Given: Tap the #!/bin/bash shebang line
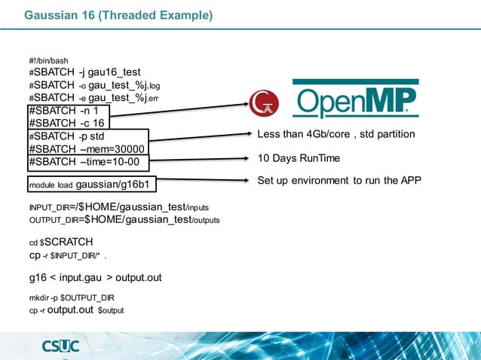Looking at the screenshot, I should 48,60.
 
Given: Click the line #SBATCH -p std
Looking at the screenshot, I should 66,136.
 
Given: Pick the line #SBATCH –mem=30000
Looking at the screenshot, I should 86,149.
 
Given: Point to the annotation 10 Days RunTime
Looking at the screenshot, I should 299,159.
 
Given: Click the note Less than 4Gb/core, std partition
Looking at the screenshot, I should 335,134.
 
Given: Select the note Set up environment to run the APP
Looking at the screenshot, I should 339,181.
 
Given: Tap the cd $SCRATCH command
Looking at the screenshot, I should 60,243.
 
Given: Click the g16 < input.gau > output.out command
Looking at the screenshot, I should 95,278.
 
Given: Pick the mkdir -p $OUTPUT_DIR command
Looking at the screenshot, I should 72,298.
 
